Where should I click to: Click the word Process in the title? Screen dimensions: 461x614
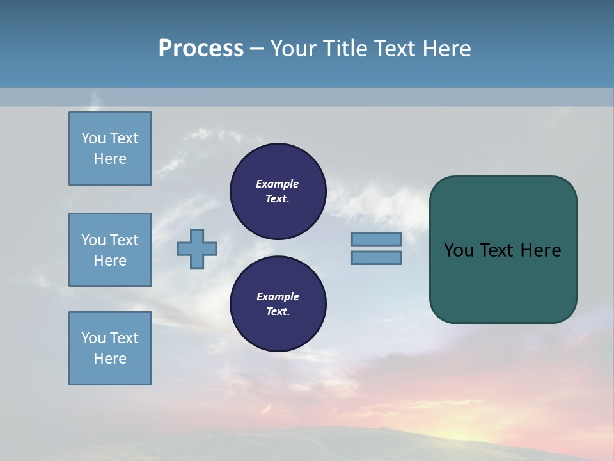[x=201, y=49]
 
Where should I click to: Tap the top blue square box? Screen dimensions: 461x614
[x=110, y=149]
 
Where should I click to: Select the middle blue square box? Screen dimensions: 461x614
[x=110, y=250]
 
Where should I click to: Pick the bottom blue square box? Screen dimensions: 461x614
[x=110, y=348]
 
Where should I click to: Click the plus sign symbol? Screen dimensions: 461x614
[x=197, y=249]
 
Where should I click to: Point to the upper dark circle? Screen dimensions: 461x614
[x=278, y=191]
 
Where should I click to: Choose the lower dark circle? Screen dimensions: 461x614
[x=278, y=303]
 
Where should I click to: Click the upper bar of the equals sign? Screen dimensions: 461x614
[x=377, y=239]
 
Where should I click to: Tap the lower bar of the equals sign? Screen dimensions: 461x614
[x=377, y=258]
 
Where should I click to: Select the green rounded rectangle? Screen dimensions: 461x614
[x=503, y=282]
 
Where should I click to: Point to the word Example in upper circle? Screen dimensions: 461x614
[x=278, y=184]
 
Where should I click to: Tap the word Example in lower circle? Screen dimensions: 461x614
[x=278, y=296]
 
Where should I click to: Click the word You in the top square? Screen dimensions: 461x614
[x=93, y=138]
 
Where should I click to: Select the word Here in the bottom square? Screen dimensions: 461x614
[x=110, y=359]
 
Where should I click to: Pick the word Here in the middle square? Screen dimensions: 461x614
[x=110, y=261]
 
